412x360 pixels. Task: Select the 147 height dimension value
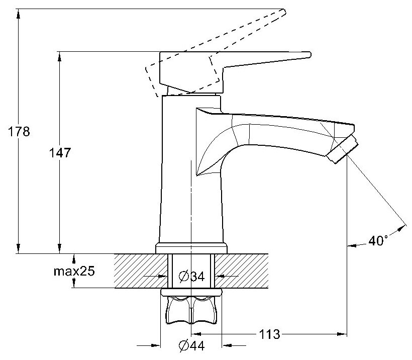tap(61, 152)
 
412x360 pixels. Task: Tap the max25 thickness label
tap(74, 272)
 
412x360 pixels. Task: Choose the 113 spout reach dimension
tap(269, 333)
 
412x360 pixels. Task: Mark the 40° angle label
tap(378, 241)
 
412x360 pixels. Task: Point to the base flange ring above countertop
tap(190, 247)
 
